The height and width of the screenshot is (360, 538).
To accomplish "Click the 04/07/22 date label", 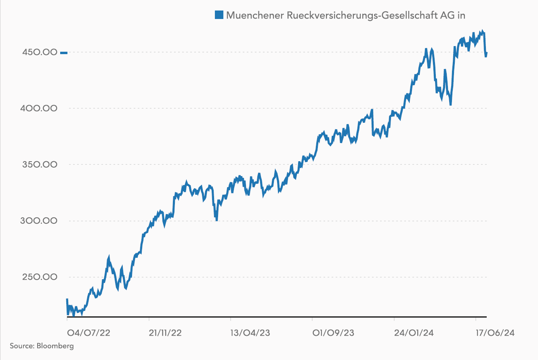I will (88, 333).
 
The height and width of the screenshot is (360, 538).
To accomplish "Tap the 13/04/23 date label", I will (250, 333).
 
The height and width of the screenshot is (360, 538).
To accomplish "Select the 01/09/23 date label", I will (333, 333).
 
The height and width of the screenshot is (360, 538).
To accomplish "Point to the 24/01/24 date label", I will (414, 333).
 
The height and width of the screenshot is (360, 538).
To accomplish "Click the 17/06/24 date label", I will (495, 333).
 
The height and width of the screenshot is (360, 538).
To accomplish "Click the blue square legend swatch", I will (219, 15).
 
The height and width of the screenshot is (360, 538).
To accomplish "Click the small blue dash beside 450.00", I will (64, 53).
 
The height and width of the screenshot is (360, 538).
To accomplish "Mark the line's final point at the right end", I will (486, 53).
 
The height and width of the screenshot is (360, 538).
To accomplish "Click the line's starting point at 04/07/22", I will (67, 300).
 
